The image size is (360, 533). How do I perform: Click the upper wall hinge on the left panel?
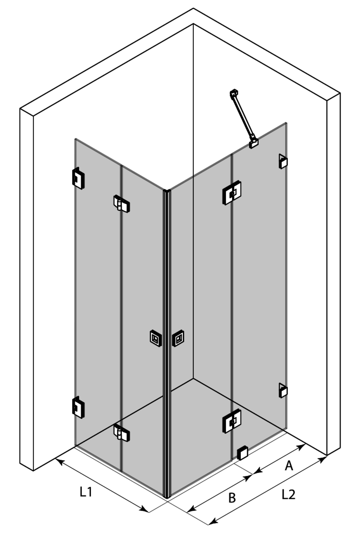pos(78,179)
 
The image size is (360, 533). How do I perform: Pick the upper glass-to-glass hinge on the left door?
pos(121,204)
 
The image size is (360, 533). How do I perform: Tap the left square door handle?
pos(156,338)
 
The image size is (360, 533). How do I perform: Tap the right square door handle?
pos(178,338)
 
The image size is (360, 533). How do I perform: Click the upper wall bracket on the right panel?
pos(283,161)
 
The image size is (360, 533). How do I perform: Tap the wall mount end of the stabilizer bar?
pos(234,93)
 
